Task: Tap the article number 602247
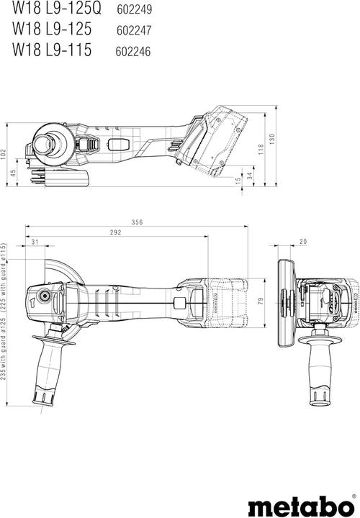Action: [x=133, y=31]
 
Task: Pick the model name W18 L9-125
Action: [x=50, y=31]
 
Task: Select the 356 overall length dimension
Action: [x=137, y=223]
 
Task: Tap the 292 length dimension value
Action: [x=114, y=233]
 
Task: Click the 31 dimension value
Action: [x=35, y=242]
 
